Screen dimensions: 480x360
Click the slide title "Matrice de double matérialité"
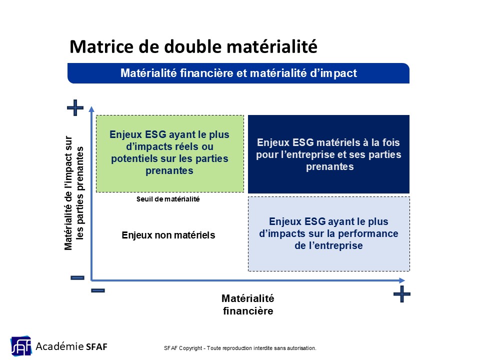193,46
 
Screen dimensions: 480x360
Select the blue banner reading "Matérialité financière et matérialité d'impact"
238,73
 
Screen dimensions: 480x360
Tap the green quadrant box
170,153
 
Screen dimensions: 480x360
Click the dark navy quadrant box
328,154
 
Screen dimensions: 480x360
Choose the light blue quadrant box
329,234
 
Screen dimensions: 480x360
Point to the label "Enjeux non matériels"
168,235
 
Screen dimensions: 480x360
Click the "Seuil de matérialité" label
168,199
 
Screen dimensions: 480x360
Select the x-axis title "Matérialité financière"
248,304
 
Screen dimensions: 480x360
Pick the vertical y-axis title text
73,193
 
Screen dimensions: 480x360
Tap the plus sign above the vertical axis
75,108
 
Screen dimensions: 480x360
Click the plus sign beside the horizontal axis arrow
401,294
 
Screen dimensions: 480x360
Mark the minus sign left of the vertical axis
77,277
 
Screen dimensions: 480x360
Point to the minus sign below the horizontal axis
98,290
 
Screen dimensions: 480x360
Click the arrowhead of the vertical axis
91,109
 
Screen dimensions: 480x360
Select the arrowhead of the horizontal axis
402,280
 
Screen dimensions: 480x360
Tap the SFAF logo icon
21,346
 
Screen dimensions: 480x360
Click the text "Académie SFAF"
71,346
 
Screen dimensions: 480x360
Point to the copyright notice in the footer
240,348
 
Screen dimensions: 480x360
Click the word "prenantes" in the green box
169,171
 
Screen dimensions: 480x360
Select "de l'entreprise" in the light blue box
328,245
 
